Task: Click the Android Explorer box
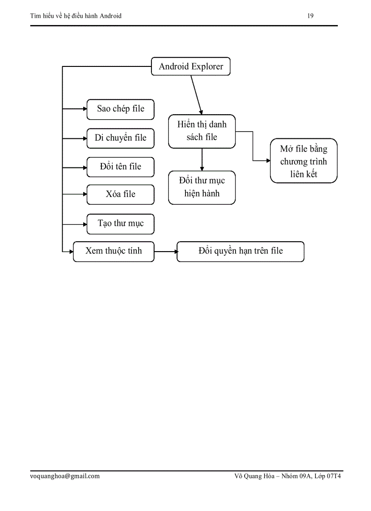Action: [x=191, y=66]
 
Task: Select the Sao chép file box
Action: [x=120, y=109]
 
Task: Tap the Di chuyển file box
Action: [x=120, y=138]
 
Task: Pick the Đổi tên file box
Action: [x=120, y=167]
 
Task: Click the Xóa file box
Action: [x=120, y=194]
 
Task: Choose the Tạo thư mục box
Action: [x=120, y=224]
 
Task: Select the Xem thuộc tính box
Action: [x=114, y=251]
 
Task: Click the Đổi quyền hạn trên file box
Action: [x=240, y=251]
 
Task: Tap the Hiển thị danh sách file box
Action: [x=202, y=131]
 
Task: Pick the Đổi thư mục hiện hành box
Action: [x=202, y=187]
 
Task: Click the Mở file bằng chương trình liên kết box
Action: [x=303, y=161]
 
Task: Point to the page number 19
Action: [x=311, y=16]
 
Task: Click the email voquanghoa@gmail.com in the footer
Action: [x=65, y=476]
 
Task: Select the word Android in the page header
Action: [x=110, y=16]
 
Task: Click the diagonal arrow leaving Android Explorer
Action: [x=196, y=93]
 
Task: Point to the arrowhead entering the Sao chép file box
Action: [x=85, y=109]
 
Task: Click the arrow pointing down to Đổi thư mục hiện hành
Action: [x=202, y=159]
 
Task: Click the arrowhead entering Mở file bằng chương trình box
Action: [x=268, y=161]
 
